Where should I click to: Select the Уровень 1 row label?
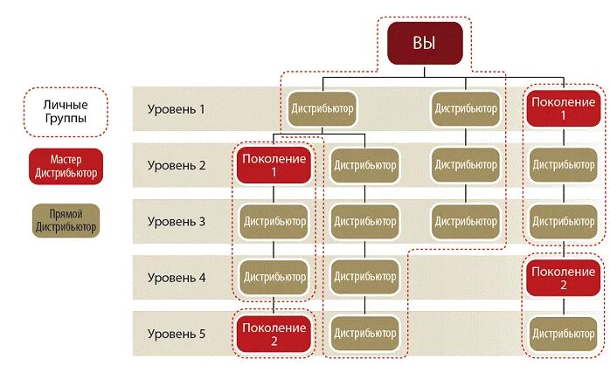[x=176, y=110]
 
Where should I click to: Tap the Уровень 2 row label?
[x=176, y=165]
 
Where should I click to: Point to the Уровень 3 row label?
[x=176, y=221]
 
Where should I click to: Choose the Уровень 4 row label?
[x=176, y=278]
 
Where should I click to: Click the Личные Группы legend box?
[x=66, y=111]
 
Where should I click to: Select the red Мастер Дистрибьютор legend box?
[x=66, y=166]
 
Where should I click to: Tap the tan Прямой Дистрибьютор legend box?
[x=66, y=222]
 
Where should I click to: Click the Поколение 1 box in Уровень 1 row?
[x=563, y=109]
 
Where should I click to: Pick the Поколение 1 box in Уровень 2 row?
[x=274, y=164]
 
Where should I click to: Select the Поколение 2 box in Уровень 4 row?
[x=563, y=278]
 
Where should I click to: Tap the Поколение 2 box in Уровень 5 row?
[x=274, y=333]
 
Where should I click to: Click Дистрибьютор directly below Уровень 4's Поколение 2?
[x=563, y=333]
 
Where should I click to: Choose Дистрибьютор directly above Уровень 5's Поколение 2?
[x=274, y=278]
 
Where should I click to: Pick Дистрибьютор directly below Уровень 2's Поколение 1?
[x=274, y=221]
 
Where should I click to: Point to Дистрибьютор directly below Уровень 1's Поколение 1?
[x=563, y=164]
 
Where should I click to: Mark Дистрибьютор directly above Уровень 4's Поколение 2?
[x=563, y=221]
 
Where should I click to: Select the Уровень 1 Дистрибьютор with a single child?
[x=466, y=109]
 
